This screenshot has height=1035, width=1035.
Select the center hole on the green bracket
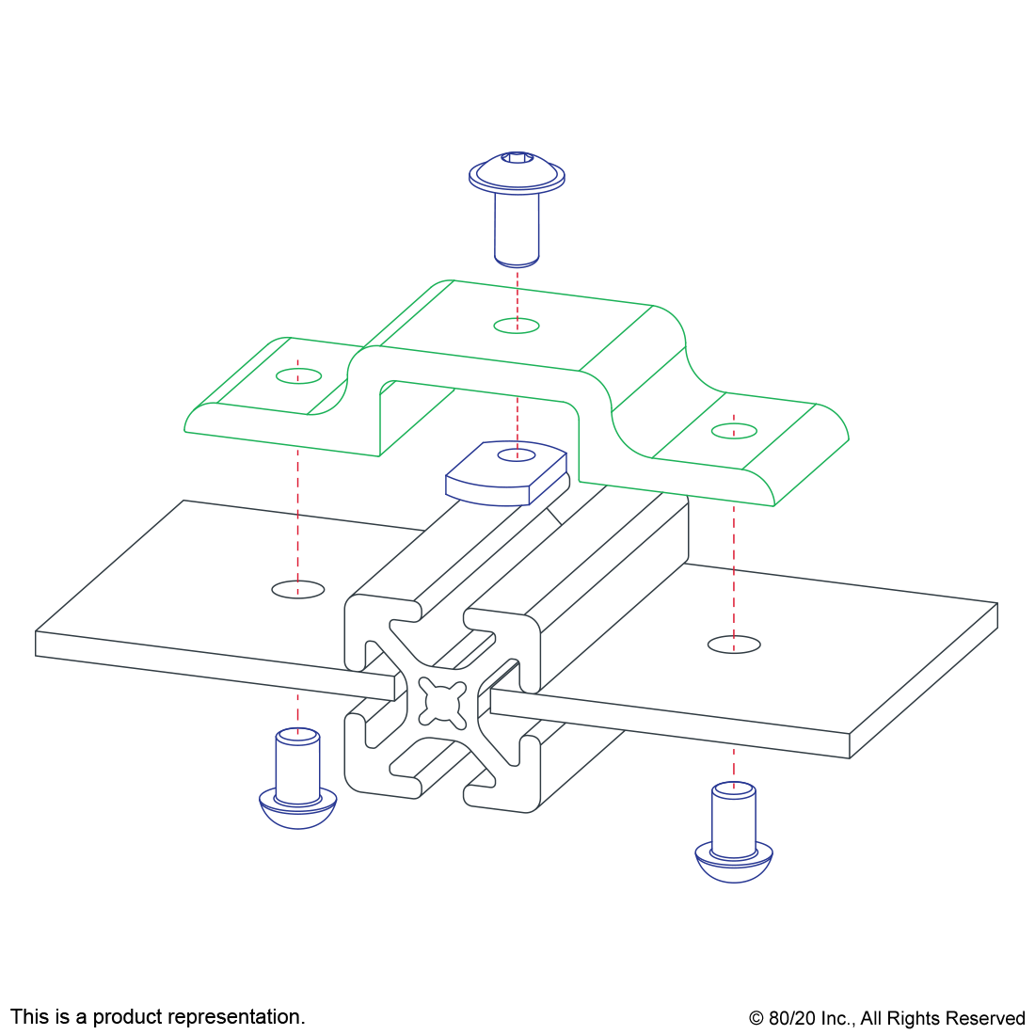(517, 326)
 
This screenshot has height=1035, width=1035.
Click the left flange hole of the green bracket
(298, 376)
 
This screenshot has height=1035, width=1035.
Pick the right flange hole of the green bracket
(734, 431)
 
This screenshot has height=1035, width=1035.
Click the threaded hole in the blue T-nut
(516, 455)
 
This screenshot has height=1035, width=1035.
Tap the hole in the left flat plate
(298, 590)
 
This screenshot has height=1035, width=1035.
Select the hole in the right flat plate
(734, 645)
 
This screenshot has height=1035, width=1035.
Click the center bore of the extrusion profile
(441, 702)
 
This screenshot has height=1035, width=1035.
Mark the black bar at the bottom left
(157, 1018)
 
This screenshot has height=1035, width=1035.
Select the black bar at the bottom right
(886, 1020)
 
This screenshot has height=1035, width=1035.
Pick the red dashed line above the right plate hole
(734, 565)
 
